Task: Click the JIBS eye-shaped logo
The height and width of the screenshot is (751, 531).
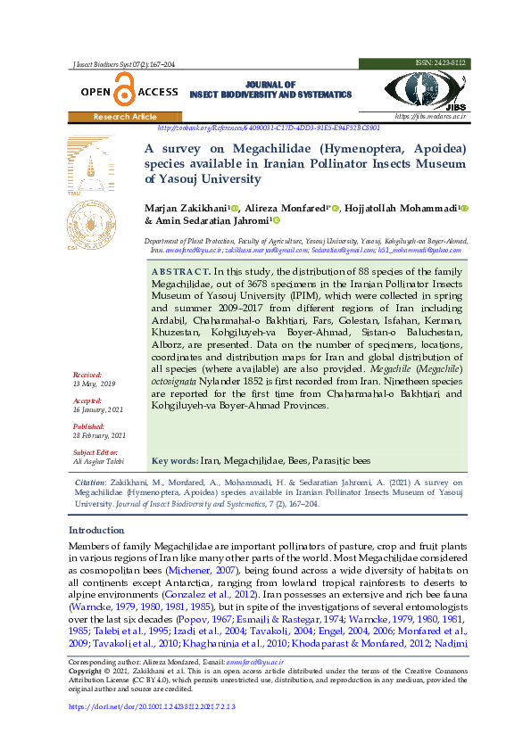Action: pos(425,90)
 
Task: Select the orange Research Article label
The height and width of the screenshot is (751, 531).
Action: pos(125,117)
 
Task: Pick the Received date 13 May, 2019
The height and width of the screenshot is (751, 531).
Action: pos(95,383)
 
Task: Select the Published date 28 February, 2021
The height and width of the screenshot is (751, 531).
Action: pos(100,435)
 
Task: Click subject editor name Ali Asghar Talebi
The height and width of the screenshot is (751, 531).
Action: pos(98,462)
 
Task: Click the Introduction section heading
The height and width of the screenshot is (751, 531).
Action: pos(97,531)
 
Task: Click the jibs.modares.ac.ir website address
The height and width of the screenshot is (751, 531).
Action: pos(430,117)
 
